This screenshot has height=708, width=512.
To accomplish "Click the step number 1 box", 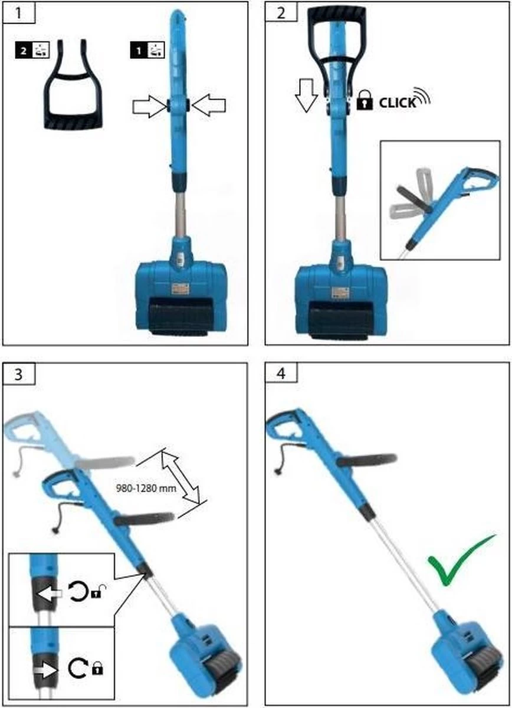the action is (x=19, y=12).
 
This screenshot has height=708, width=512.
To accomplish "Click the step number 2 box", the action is (x=281, y=12).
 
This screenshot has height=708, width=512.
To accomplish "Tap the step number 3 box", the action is (x=19, y=374).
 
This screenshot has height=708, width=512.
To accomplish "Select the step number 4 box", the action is (x=281, y=373).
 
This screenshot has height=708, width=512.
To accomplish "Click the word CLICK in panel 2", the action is (x=397, y=103).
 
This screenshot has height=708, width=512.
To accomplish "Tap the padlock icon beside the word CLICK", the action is (x=365, y=100).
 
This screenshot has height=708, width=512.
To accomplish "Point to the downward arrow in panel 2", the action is (x=306, y=96).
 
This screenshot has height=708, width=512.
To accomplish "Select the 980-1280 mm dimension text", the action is (x=146, y=489).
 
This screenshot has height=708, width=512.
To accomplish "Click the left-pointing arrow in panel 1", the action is (x=209, y=105).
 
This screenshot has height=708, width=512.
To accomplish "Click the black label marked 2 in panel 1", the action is (x=32, y=50).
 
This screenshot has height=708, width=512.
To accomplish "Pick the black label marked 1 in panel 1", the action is (x=147, y=50).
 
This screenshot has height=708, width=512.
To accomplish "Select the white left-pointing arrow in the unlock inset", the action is (x=48, y=594).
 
